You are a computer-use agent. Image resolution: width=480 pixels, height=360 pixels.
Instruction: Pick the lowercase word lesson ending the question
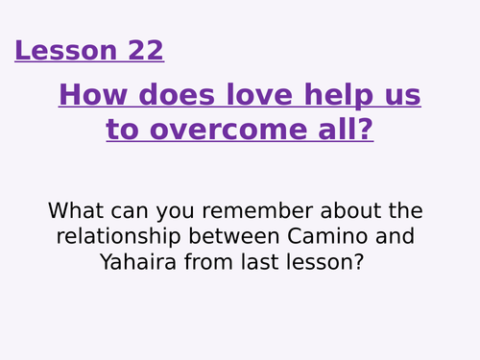tap(330, 262)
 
